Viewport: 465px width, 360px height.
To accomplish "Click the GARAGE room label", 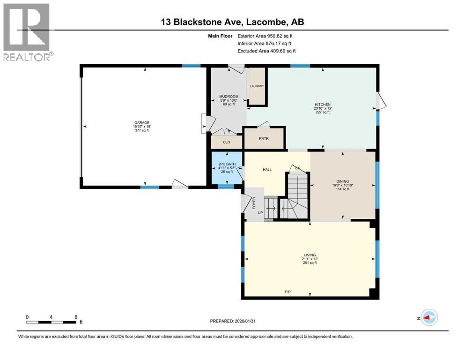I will click(141, 123).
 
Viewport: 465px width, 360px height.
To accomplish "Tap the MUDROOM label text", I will click(229, 97).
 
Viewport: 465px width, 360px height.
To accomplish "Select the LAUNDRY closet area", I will click(257, 86).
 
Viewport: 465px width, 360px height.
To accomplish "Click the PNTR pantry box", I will click(264, 139).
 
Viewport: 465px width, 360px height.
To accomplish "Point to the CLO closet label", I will click(226, 142).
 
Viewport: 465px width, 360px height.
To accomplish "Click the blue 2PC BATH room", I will click(227, 168).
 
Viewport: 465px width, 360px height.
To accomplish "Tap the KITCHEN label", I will click(322, 105).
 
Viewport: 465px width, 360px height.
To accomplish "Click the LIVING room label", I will click(310, 255).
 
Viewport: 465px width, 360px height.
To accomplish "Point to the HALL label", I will click(267, 170).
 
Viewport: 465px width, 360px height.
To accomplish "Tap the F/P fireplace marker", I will click(288, 292).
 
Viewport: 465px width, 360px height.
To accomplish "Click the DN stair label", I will click(296, 168).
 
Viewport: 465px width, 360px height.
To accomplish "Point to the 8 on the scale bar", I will click(76, 316).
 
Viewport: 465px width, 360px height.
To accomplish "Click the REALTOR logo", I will click(27, 32).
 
